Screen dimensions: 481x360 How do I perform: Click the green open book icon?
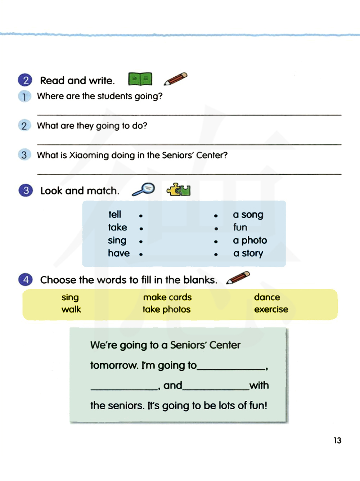point(140,79)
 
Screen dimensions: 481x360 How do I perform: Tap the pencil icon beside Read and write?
point(176,79)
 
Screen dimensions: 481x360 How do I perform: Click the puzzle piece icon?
point(178,189)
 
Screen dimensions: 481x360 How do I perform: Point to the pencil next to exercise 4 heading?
point(238,278)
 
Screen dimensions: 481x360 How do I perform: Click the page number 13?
point(337,440)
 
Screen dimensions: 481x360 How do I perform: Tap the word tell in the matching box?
point(115,215)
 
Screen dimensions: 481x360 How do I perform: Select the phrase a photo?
point(250,240)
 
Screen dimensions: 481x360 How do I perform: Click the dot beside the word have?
point(141,254)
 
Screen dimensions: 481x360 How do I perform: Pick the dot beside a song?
point(216,216)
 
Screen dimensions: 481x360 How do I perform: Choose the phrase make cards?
point(167,297)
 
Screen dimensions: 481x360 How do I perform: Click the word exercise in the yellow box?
point(271,309)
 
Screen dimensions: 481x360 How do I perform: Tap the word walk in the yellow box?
point(71,309)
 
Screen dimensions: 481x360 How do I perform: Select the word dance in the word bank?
point(267,297)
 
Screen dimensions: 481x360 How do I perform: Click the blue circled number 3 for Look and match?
point(26,190)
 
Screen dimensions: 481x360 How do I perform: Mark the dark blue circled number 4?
point(26,280)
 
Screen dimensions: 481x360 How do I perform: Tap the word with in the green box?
point(259,385)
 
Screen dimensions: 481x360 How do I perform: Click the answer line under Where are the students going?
point(189,114)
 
